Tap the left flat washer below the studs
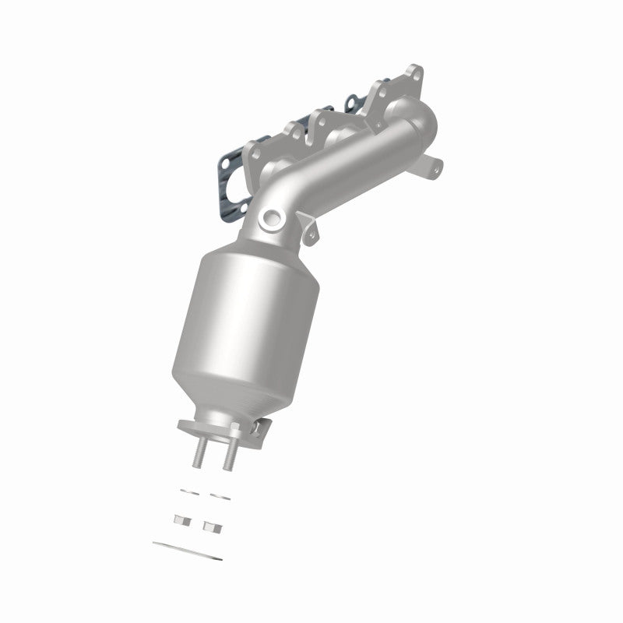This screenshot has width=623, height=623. [188, 490]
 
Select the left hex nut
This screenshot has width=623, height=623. [183, 520]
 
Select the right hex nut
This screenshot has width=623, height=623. [209, 526]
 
